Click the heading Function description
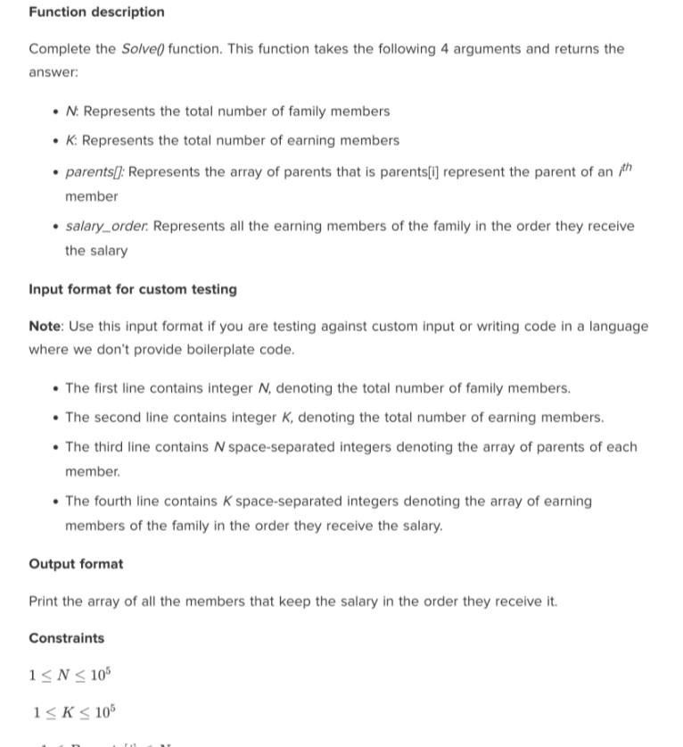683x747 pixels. pos(96,12)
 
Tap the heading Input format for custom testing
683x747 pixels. pos(133,289)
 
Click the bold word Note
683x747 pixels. pos(45,327)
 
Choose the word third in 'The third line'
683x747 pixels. pos(109,446)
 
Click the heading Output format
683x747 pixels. pos(76,564)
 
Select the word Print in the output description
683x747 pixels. pos(45,602)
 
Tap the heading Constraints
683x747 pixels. pos(66,638)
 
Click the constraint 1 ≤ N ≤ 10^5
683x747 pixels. pos(70,675)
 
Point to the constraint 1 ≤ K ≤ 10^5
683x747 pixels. pos(71,712)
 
